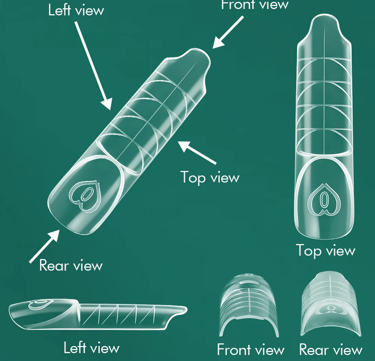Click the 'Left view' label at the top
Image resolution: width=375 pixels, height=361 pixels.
[x=76, y=10]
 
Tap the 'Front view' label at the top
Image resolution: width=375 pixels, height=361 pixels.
[x=255, y=4]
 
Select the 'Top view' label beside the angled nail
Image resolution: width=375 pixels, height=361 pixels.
[x=210, y=177]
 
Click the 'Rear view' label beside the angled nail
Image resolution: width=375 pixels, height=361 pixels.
[x=71, y=265]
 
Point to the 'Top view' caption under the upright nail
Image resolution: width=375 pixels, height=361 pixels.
[x=325, y=250]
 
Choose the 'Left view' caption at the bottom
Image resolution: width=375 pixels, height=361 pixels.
[x=91, y=348]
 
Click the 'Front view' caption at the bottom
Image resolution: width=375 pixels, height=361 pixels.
[x=250, y=350]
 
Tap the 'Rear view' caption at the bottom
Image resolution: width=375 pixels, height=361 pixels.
[x=331, y=350]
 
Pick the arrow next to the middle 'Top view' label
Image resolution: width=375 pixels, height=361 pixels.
[x=197, y=152]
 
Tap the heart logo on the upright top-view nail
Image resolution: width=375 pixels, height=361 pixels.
[x=324, y=200]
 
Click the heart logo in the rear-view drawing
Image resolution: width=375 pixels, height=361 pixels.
[x=330, y=308]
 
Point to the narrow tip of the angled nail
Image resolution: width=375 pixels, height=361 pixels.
[x=197, y=60]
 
